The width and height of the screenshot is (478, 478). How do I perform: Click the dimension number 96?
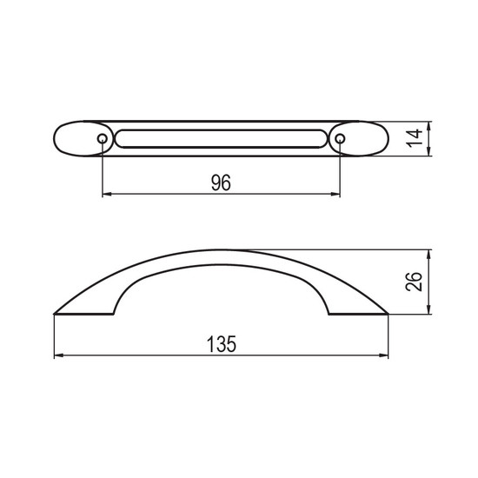[221, 183]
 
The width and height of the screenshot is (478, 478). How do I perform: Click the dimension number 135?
[222, 344]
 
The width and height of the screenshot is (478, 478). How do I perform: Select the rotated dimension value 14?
[415, 138]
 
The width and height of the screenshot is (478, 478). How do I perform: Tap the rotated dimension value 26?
[415, 282]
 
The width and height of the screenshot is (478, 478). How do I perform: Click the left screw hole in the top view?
[103, 139]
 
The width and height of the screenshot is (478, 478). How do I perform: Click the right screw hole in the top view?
[340, 139]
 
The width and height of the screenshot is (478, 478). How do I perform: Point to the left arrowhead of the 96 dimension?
[107, 194]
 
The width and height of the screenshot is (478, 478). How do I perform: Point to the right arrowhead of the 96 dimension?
[335, 194]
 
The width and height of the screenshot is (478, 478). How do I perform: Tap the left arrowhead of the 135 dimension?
[59, 355]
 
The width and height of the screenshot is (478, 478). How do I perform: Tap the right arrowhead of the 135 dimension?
[383, 355]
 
